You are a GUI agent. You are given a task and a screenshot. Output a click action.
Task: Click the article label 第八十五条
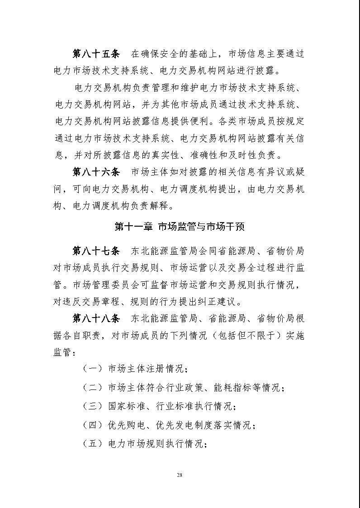coord(96,54)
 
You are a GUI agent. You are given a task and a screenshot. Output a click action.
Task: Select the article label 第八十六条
coord(96,172)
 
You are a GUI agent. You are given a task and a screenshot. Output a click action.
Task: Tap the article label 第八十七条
coord(96,250)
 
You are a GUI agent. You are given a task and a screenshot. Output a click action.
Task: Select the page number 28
coord(180,475)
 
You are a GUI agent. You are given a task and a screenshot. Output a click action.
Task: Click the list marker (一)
coord(93,369)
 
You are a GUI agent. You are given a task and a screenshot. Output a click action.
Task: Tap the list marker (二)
coord(93,388)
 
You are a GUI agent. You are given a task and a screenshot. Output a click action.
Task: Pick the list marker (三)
coord(93,406)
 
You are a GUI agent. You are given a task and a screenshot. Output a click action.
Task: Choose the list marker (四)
coord(93,425)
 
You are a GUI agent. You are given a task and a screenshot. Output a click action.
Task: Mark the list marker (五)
coord(93,444)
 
